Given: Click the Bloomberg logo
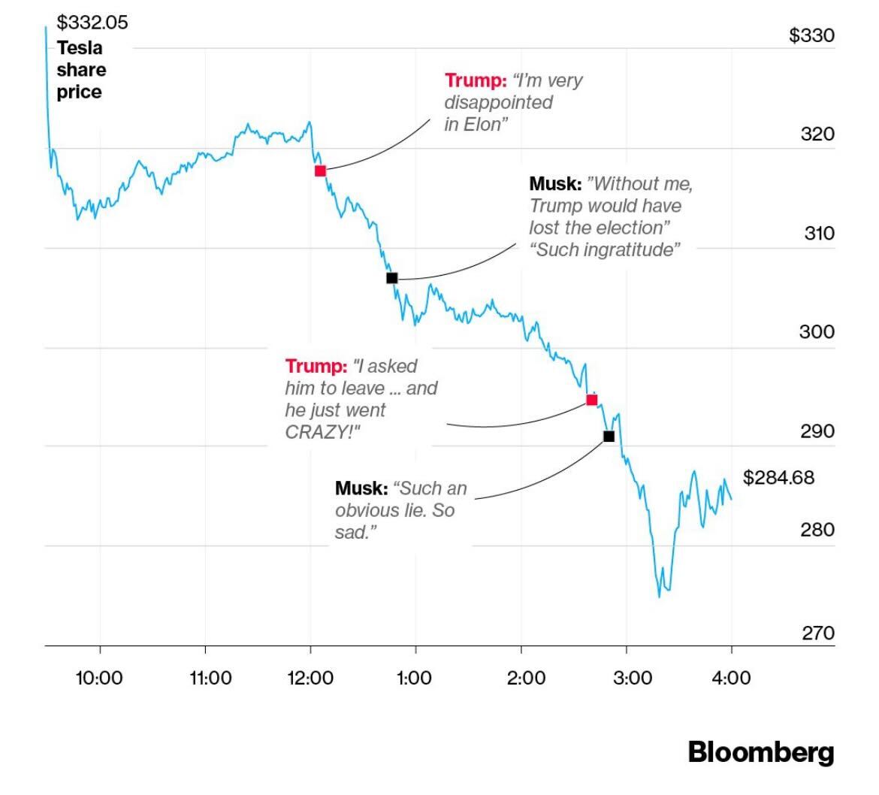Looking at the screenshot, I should (x=760, y=752).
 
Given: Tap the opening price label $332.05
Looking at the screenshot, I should (x=92, y=23).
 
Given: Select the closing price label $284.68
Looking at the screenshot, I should (x=778, y=477).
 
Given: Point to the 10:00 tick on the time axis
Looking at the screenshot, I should (x=99, y=678).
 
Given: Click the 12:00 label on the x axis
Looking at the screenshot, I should (x=310, y=678).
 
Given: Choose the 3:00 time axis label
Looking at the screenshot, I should (x=627, y=678).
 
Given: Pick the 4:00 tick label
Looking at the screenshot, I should (x=732, y=678).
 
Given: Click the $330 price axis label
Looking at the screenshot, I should (x=811, y=35).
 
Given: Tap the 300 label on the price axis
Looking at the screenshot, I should (x=817, y=331).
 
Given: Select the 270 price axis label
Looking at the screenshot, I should (x=817, y=633).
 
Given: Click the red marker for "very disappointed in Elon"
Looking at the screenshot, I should (x=320, y=171).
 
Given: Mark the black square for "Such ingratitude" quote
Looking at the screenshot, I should (x=391, y=278).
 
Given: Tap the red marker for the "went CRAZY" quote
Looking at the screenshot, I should (x=591, y=400).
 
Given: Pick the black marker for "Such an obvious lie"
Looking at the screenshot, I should (x=609, y=436).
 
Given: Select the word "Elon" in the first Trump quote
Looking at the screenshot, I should (x=482, y=124).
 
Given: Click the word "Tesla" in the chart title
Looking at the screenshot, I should (x=80, y=48).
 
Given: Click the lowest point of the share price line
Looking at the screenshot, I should (x=660, y=596).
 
